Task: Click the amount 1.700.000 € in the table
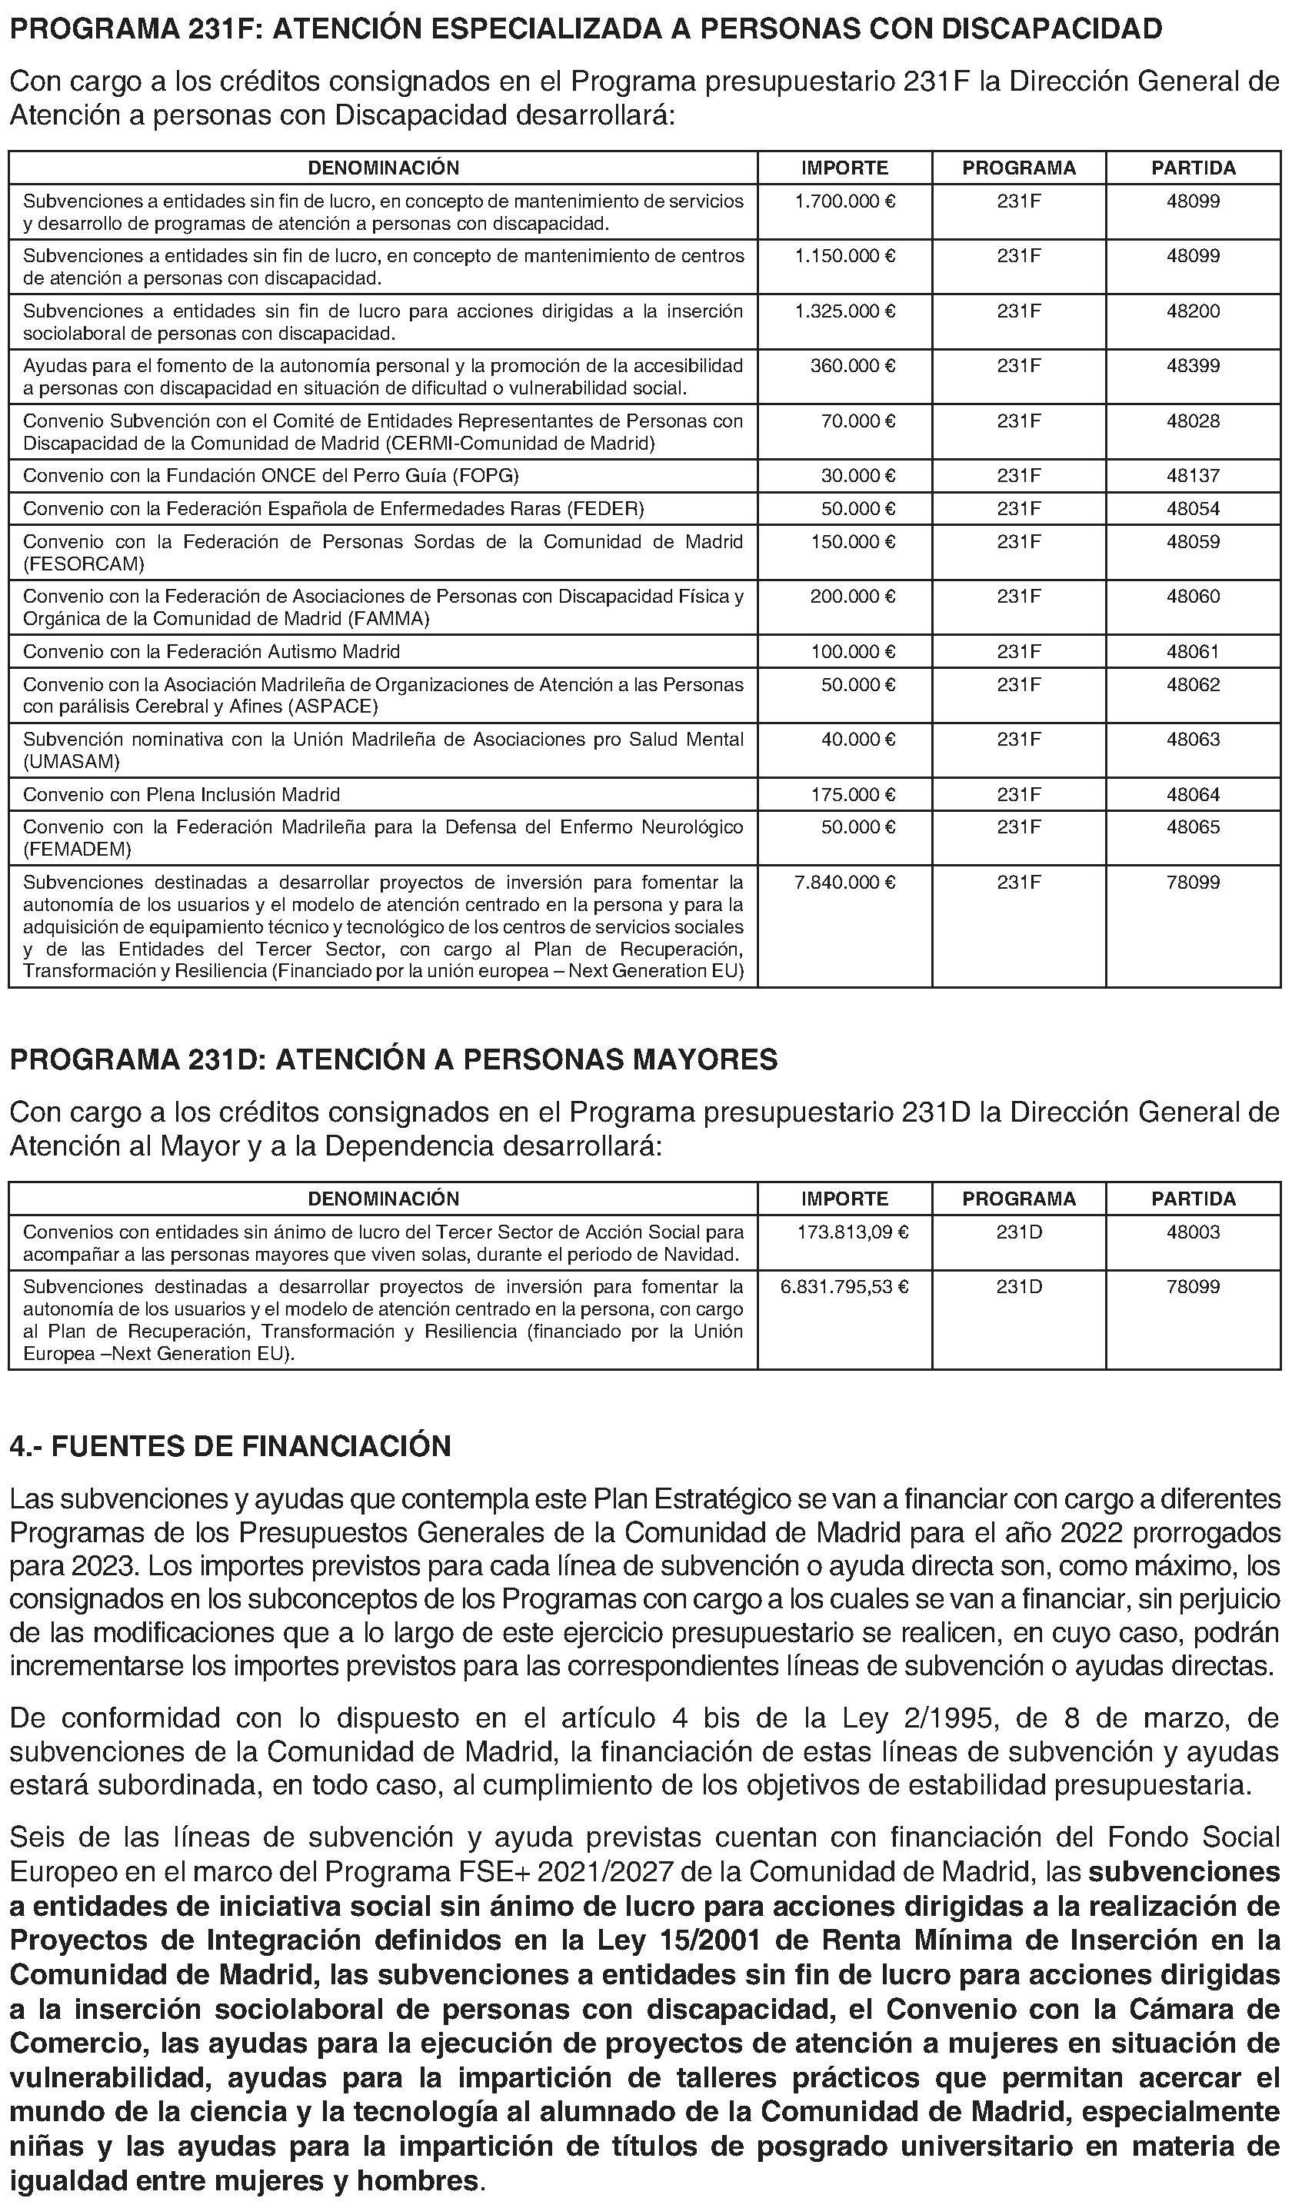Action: tap(844, 201)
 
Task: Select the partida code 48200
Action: tap(1193, 311)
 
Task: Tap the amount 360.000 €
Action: tap(852, 366)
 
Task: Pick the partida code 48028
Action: tap(1193, 421)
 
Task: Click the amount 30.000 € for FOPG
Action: tap(857, 476)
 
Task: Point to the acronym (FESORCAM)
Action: tap(84, 564)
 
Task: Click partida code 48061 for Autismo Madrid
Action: tap(1193, 652)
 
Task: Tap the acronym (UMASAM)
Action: tap(71, 761)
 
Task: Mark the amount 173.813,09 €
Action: tap(852, 1232)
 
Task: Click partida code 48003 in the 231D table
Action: tap(1193, 1232)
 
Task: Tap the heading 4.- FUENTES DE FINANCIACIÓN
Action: tap(231, 1445)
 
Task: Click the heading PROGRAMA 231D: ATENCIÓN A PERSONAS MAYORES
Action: tap(394, 1059)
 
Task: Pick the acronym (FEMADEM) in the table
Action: tap(77, 849)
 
